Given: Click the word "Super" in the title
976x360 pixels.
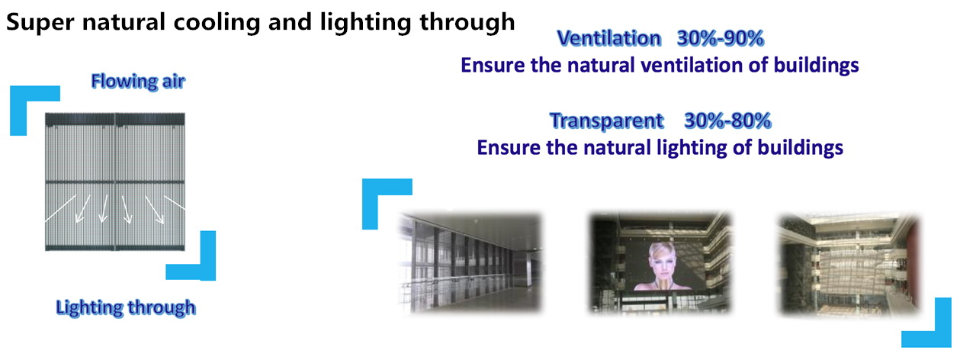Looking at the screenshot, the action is (x=40, y=23).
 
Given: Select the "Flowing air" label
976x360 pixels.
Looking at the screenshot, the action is (x=138, y=81).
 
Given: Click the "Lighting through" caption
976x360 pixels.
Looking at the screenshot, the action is (x=126, y=307).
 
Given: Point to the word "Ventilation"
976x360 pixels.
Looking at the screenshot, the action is (x=609, y=38).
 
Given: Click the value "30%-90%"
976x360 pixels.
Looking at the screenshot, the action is (x=721, y=38).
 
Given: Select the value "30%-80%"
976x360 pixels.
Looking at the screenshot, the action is (x=727, y=121).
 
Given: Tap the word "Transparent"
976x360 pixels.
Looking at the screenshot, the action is (x=606, y=121).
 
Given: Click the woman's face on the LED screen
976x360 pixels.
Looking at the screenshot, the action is (x=662, y=262).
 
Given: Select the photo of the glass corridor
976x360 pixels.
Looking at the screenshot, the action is (x=470, y=262).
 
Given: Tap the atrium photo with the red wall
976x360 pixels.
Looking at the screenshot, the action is (x=849, y=264).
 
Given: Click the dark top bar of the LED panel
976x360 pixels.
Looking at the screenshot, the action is (x=115, y=119).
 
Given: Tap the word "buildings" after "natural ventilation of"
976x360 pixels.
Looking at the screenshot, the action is (x=816, y=66).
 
